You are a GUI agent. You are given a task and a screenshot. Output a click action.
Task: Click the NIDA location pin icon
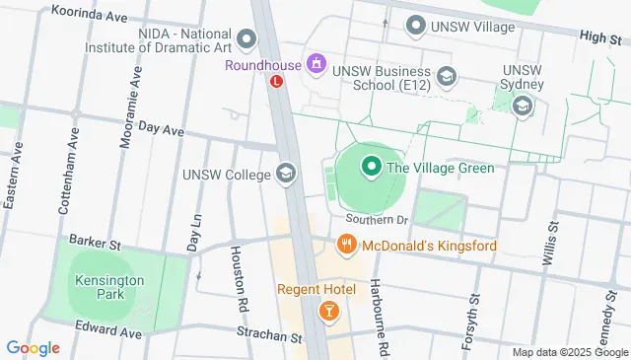pos(246,39)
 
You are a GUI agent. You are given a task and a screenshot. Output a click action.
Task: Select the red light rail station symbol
pos(277,83)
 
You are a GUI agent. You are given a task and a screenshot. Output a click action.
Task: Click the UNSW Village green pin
pos(415,26)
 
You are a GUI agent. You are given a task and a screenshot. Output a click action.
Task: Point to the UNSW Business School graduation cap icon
pos(447,76)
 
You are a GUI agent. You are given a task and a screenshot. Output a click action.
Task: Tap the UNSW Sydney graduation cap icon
pos(523,106)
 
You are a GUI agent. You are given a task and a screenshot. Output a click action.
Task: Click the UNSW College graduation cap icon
pos(286,175)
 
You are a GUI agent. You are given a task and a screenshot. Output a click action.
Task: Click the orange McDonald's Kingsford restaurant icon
pos(345,245)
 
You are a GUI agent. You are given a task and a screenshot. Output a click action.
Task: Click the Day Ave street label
pos(162,128)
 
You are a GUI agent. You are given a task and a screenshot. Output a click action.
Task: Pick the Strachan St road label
pos(269,337)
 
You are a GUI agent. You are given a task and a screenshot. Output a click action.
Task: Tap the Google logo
pos(33,347)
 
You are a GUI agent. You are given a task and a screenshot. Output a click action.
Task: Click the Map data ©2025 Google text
pos(569,352)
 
